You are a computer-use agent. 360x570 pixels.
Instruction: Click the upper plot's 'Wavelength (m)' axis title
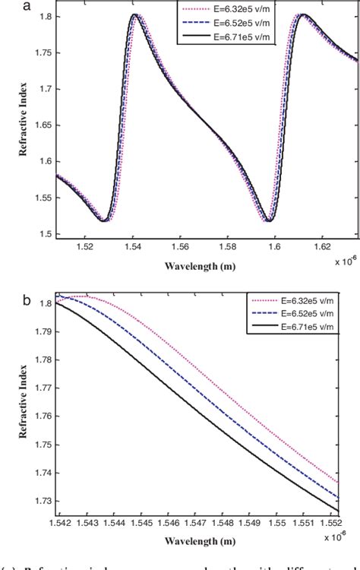click(x=207, y=267)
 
